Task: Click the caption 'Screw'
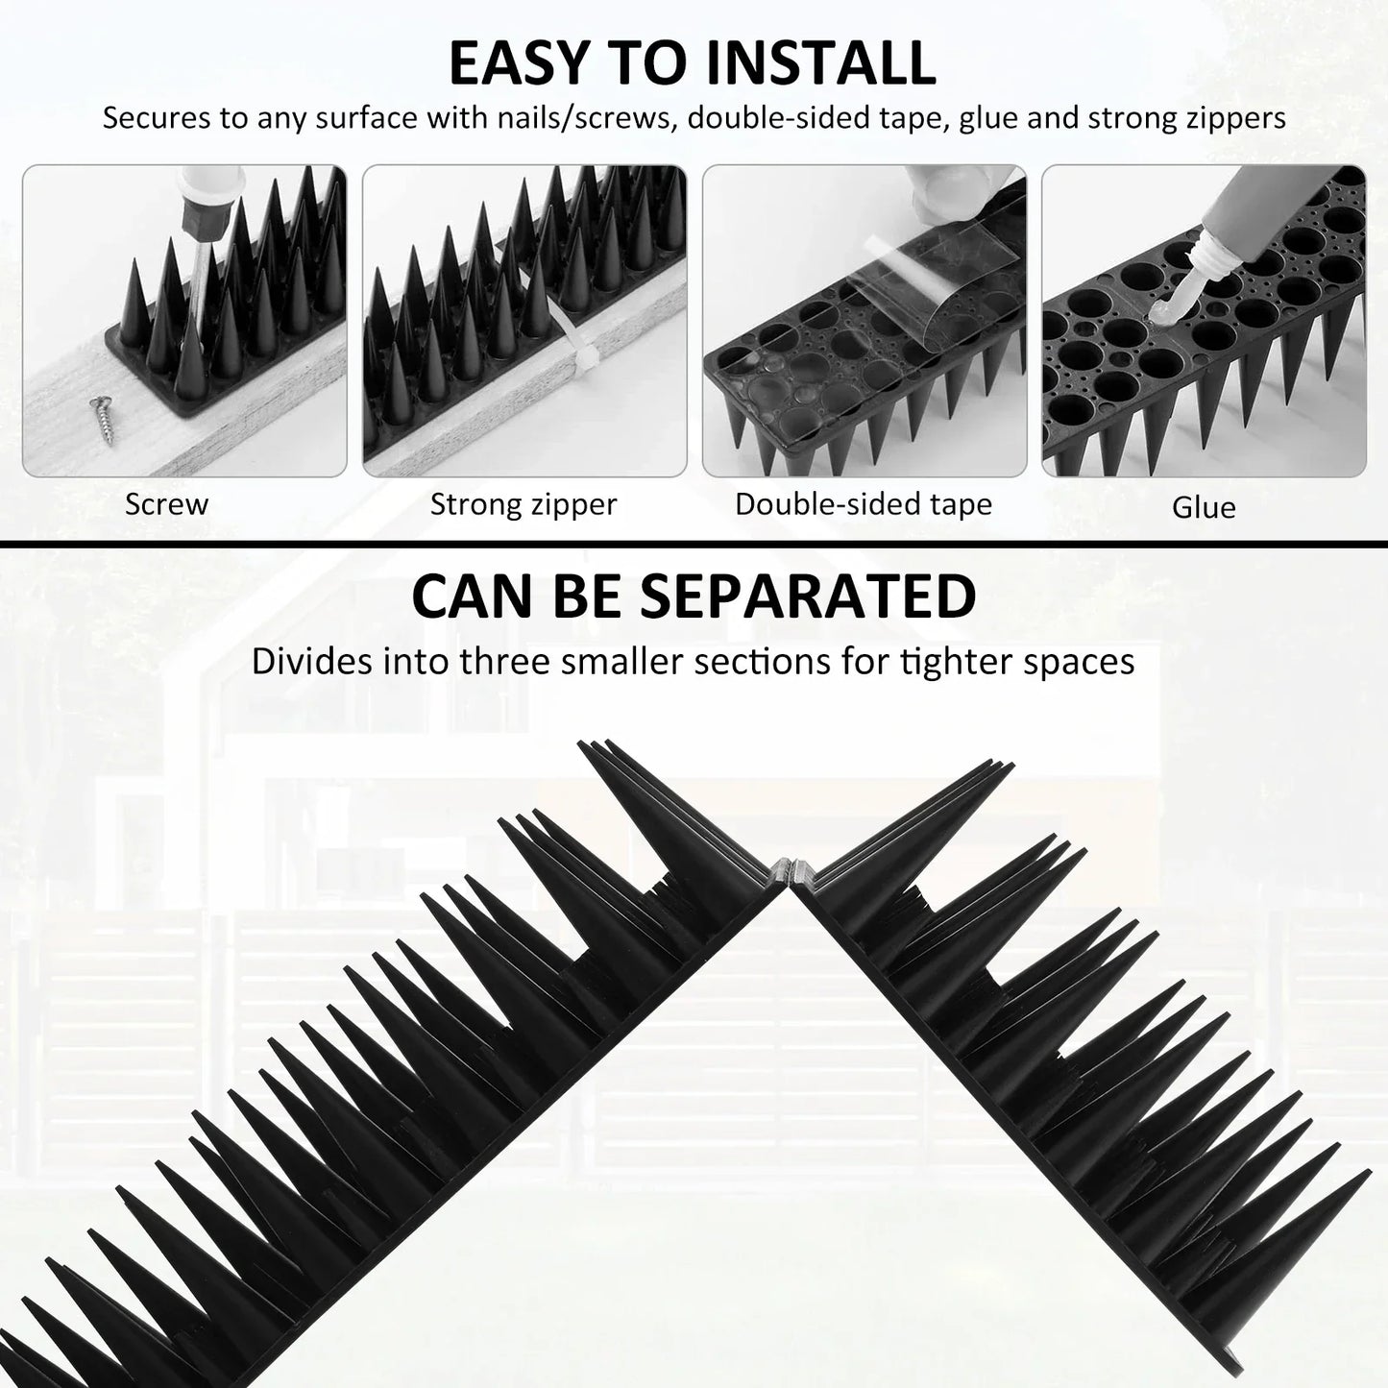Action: tap(166, 504)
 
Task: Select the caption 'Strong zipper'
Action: tap(524, 504)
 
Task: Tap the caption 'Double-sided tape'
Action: tap(864, 504)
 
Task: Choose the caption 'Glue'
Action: tap(1204, 507)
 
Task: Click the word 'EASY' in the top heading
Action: tap(519, 63)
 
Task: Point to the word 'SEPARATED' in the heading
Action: tap(808, 597)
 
